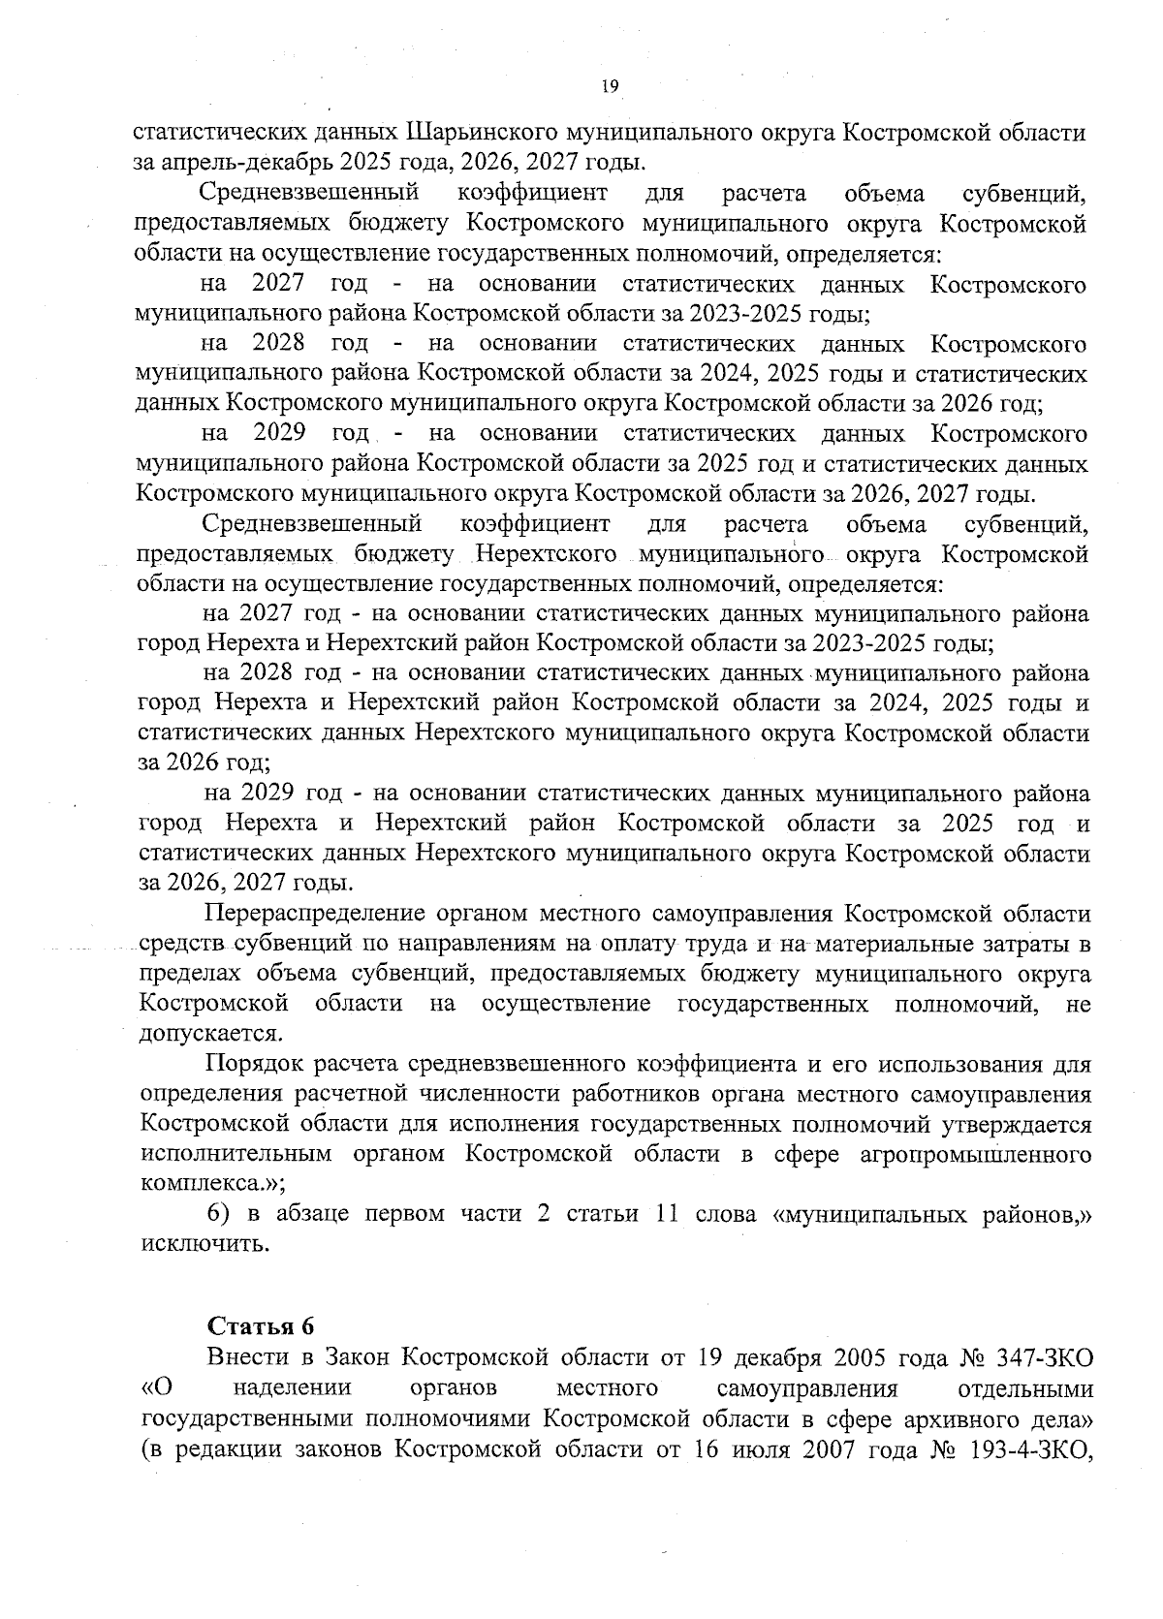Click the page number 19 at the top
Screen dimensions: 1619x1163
(x=609, y=88)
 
